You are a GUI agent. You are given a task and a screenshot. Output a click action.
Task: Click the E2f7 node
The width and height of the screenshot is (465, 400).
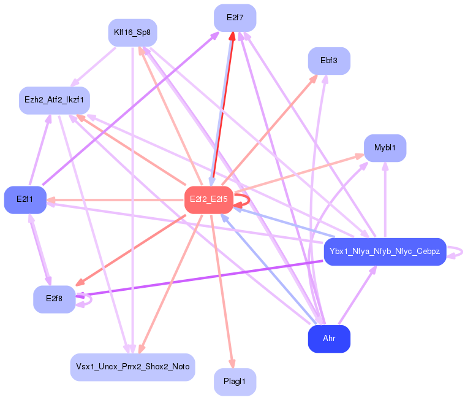(x=235, y=18)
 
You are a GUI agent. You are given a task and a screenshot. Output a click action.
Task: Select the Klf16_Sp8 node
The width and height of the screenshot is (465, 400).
(x=132, y=32)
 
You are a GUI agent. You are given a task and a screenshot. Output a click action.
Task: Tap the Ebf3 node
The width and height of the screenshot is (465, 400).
(x=329, y=61)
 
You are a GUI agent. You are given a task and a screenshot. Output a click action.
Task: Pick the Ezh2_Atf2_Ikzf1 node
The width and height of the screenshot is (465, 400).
(x=55, y=100)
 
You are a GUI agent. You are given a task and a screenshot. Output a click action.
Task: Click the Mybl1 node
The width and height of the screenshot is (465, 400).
(x=385, y=148)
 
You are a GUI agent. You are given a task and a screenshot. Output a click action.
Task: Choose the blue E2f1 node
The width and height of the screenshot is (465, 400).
(x=25, y=199)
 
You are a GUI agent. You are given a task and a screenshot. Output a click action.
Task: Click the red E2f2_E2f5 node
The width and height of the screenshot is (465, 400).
(x=208, y=199)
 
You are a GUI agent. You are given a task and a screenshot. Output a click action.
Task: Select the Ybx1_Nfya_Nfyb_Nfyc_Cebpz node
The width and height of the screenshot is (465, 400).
(x=384, y=252)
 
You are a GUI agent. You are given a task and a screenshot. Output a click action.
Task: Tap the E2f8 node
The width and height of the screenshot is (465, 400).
(x=54, y=299)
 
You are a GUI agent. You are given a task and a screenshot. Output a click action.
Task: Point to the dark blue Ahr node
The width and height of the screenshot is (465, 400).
(x=328, y=339)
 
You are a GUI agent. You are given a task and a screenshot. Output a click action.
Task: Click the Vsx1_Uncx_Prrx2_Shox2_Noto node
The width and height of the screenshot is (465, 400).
(x=132, y=367)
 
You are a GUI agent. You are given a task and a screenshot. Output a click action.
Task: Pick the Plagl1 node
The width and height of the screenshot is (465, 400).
(x=235, y=382)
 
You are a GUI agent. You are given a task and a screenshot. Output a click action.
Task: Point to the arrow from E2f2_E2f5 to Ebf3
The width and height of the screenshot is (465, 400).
(x=270, y=129)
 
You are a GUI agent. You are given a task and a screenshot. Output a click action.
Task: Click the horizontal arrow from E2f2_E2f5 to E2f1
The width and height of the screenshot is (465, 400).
(x=116, y=200)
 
